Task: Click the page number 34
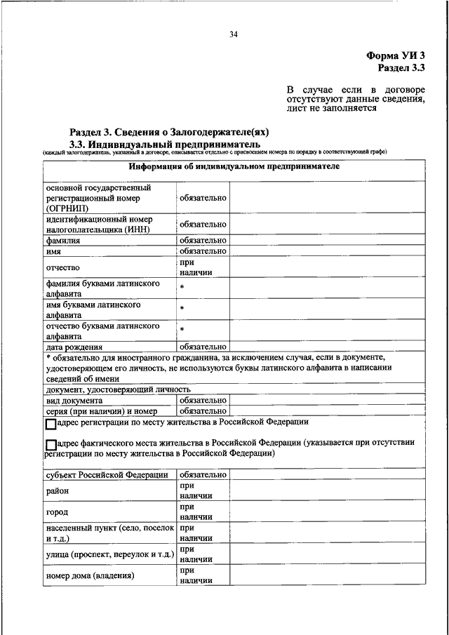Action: click(234, 34)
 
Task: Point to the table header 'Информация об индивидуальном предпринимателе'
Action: click(234, 167)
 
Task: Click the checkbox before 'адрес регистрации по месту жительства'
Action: click(50, 425)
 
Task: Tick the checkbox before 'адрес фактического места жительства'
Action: click(50, 445)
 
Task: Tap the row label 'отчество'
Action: click(63, 267)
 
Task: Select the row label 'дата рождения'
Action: click(74, 347)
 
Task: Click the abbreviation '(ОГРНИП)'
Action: click(67, 208)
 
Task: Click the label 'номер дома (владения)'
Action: click(90, 576)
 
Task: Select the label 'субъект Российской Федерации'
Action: click(107, 475)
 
